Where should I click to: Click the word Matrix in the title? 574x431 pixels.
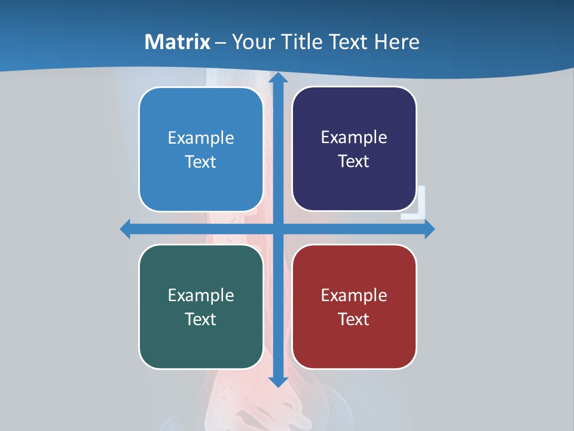tap(178, 42)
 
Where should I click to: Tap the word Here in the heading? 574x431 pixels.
tap(396, 42)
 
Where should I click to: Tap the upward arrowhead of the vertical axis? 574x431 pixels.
tap(278, 77)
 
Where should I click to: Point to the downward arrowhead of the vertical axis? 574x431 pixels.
tap(278, 381)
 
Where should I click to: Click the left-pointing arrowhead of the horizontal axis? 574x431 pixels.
tap(126, 229)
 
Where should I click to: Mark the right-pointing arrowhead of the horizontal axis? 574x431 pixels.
tap(429, 229)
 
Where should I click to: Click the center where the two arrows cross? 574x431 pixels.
tap(278, 229)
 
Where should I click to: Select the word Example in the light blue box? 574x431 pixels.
tap(201, 138)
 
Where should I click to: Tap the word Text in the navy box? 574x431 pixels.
tap(354, 161)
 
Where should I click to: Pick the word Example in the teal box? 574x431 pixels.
tap(201, 295)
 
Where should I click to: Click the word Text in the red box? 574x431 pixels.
tap(354, 319)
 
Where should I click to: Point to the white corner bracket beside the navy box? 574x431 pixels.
tap(419, 207)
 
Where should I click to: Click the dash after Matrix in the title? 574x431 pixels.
tap(221, 43)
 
